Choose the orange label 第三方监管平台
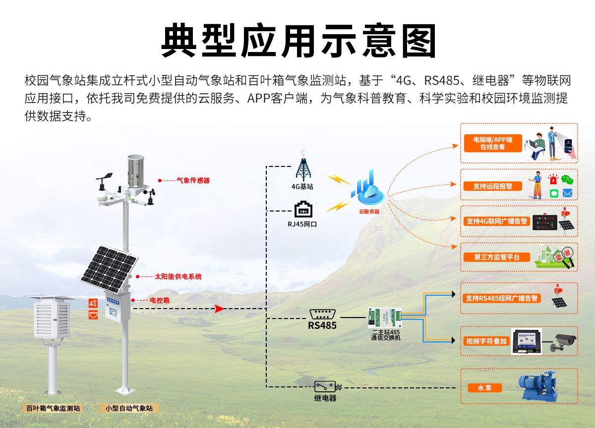[x=496, y=257]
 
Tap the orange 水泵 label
[x=484, y=388]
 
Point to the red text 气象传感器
[x=193, y=180]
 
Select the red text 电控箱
[x=160, y=300]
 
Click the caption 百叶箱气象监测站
[x=53, y=409]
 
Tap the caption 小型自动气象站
[x=129, y=409]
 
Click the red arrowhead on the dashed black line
[x=220, y=309]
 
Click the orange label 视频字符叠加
[x=486, y=341]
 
